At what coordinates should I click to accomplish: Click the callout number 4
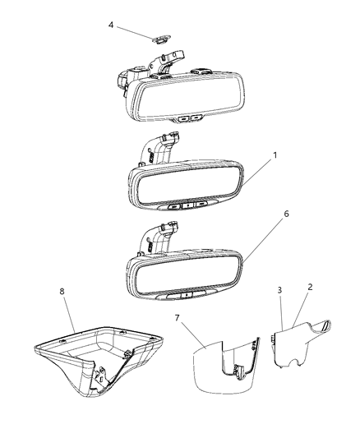point(111,25)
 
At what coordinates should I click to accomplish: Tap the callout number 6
point(263,213)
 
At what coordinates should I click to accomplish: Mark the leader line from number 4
point(134,30)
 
